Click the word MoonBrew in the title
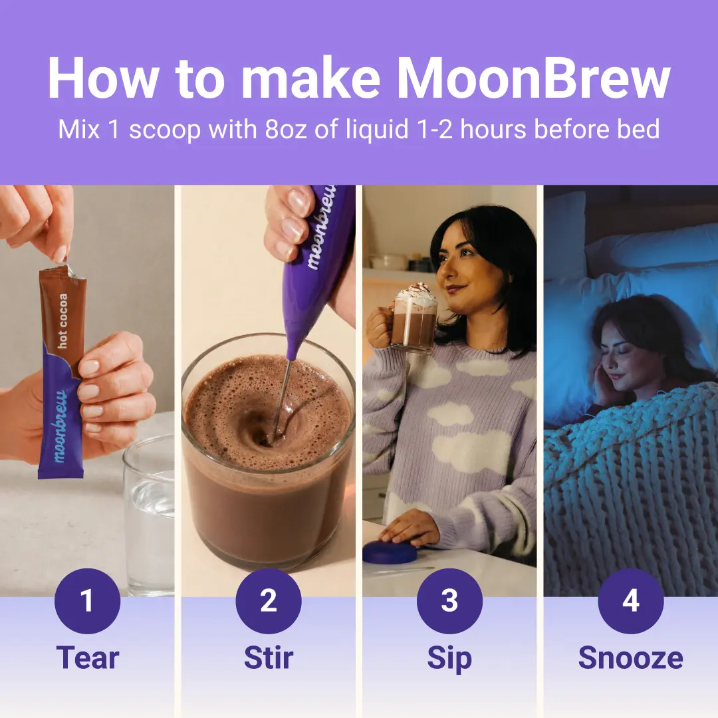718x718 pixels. pos(533,78)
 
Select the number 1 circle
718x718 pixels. pos(87,601)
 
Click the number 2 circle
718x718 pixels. pos(269,601)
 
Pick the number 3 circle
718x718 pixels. pos(449,601)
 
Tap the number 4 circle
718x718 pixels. pos(631,601)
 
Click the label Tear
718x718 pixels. pos(88,658)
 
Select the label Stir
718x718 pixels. pos(269,658)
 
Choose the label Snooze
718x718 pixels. pos(630,658)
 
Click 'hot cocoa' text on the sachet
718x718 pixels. pos(62,320)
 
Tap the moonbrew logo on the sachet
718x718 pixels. pos(60,426)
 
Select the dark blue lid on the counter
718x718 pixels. pos(390,552)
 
